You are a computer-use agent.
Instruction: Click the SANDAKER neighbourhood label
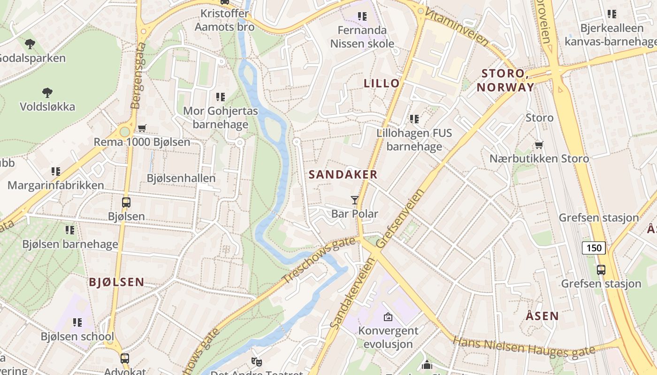coord(343,175)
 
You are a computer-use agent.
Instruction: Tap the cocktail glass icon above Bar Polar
coord(355,200)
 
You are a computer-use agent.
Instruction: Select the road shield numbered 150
coord(594,247)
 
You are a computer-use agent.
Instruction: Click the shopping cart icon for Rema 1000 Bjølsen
coord(142,128)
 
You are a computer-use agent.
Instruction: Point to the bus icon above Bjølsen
coord(126,202)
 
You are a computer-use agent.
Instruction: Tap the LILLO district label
coord(382,83)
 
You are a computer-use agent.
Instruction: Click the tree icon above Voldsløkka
coord(47,92)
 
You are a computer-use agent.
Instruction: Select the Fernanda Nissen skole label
coord(362,37)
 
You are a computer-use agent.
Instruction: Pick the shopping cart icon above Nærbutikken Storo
coord(539,145)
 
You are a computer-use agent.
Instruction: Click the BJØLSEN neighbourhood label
coord(117,282)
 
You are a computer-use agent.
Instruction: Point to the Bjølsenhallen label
coord(181,178)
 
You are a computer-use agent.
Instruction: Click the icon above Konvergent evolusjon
coord(388,317)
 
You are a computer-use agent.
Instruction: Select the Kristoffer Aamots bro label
coord(224,20)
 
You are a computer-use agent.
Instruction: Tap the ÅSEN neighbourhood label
coord(542,316)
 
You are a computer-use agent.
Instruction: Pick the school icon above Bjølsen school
coord(77,322)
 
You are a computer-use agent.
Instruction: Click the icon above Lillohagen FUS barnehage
coord(414,119)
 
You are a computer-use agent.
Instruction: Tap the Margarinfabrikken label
coord(56,185)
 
